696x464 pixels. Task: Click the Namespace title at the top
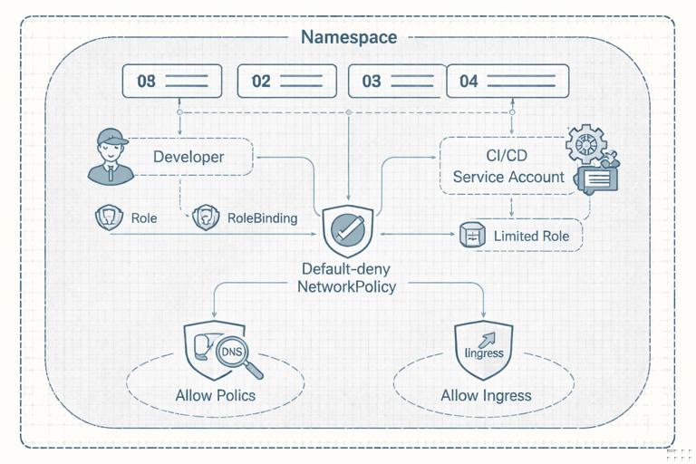point(348,37)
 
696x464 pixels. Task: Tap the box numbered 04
point(507,81)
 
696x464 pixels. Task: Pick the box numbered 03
point(397,81)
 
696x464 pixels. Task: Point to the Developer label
point(188,157)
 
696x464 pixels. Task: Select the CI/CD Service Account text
point(508,167)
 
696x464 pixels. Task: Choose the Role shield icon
point(108,217)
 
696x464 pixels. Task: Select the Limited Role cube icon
point(472,237)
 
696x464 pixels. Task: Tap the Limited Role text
point(531,237)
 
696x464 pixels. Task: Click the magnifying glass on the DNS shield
point(243,361)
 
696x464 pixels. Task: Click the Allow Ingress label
point(486,395)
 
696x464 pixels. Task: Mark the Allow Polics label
point(216,395)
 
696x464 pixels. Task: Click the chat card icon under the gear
point(595,179)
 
